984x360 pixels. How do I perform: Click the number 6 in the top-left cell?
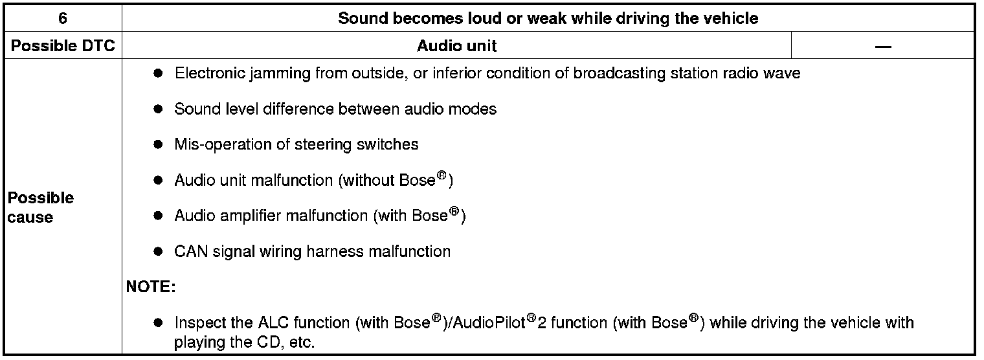(x=62, y=18)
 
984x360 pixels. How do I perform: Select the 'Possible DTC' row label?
(x=63, y=46)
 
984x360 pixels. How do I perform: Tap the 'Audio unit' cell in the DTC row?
(x=457, y=46)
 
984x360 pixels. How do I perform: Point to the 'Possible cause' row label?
(x=40, y=207)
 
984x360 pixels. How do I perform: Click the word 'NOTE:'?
(x=150, y=286)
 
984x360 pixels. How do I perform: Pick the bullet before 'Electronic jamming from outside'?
(x=157, y=74)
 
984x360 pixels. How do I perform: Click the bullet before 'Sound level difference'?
(x=157, y=109)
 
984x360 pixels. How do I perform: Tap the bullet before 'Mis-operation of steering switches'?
(x=157, y=145)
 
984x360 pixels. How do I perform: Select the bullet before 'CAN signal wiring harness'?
(x=157, y=251)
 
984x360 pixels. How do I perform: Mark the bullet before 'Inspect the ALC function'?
(x=157, y=322)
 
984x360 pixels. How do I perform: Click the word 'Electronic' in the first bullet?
(x=207, y=73)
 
